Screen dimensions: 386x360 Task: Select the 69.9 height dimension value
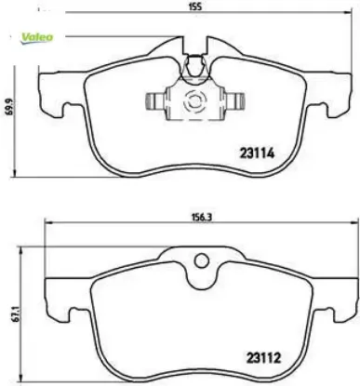click(x=7, y=109)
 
